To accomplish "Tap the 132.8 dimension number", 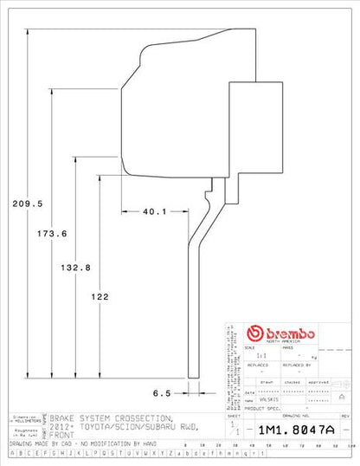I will (x=76, y=267).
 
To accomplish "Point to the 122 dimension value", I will (x=99, y=297).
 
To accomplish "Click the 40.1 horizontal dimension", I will (x=154, y=211).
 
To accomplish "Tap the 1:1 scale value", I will (x=250, y=355).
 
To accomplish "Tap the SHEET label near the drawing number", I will (x=233, y=417).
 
